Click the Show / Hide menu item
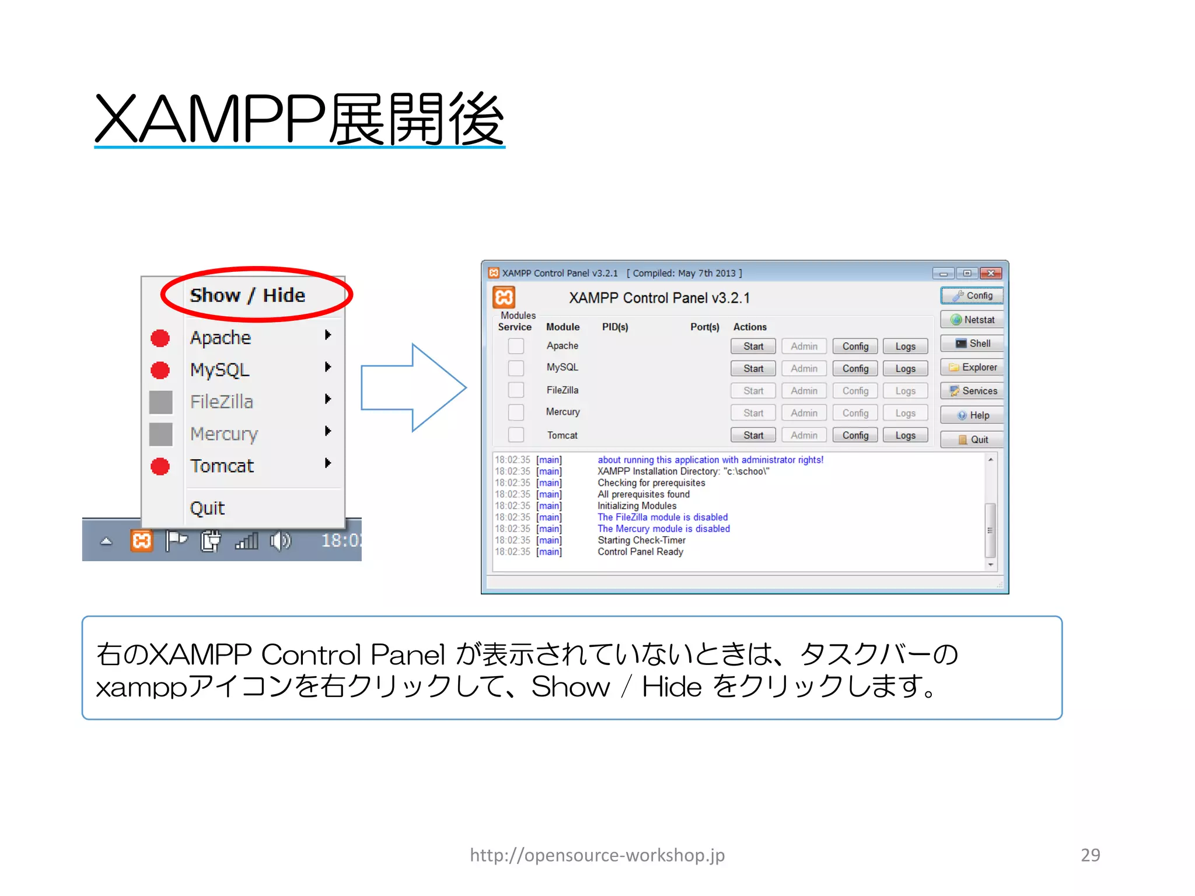pyautogui.click(x=247, y=295)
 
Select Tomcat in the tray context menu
pyautogui.click(x=222, y=466)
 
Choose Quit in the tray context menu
pyautogui.click(x=207, y=508)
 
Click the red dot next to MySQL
pyautogui.click(x=160, y=370)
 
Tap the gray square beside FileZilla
pyautogui.click(x=160, y=402)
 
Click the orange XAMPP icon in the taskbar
pyautogui.click(x=142, y=541)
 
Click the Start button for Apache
pyautogui.click(x=753, y=346)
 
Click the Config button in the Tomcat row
pyautogui.click(x=855, y=435)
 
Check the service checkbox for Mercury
pyautogui.click(x=516, y=412)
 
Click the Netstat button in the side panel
pyautogui.click(x=972, y=320)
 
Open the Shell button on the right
pyautogui.click(x=972, y=344)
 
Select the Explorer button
pyautogui.click(x=972, y=367)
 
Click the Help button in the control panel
pyautogui.click(x=972, y=415)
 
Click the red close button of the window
pyautogui.click(x=991, y=273)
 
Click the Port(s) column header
pyautogui.click(x=704, y=327)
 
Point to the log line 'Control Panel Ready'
pyautogui.click(x=640, y=552)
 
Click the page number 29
pyautogui.click(x=1090, y=855)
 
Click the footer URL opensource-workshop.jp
pyautogui.click(x=597, y=855)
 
